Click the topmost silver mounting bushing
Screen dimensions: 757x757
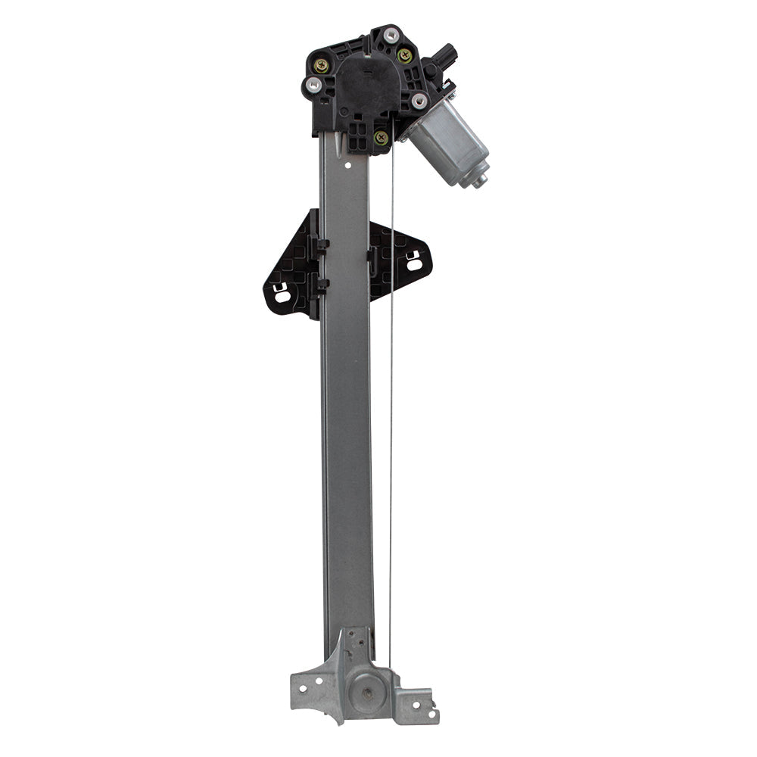click(391, 35)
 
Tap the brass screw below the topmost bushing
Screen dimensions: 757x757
click(404, 55)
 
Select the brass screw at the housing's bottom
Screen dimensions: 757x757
click(381, 138)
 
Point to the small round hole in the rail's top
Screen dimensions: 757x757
click(347, 162)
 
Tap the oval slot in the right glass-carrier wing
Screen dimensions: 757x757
click(414, 264)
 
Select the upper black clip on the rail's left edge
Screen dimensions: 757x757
click(321, 245)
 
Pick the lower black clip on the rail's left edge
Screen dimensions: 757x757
click(321, 285)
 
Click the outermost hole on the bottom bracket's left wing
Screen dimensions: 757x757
click(301, 689)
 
